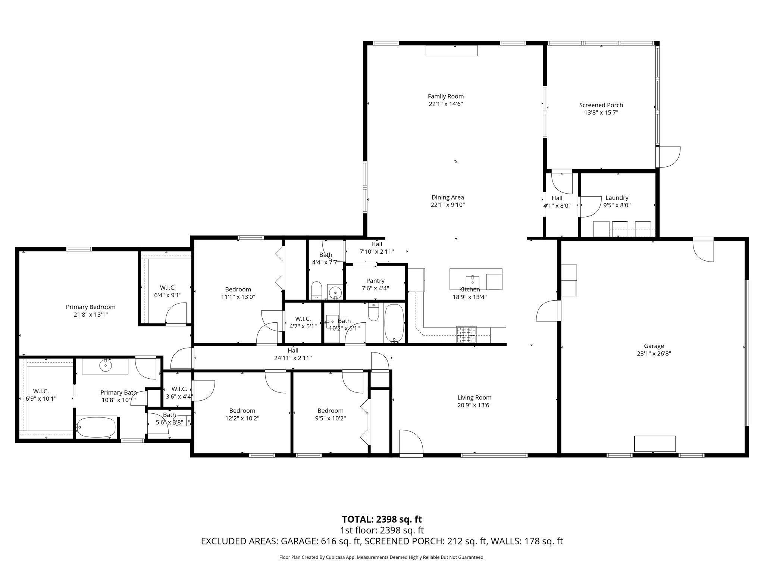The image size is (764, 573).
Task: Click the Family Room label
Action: pos(446,96)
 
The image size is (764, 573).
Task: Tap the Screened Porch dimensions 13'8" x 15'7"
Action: pos(601,113)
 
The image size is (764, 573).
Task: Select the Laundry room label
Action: pos(617,198)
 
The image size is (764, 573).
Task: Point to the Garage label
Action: pos(654,346)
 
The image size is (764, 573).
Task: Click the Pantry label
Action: pos(375,281)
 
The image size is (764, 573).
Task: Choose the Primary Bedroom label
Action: pos(91,307)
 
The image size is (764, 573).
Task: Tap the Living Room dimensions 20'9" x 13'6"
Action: pos(475,405)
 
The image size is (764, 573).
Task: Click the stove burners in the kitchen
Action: pos(466,335)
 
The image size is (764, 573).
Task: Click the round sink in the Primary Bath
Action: pos(106,366)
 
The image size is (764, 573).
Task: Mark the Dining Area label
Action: pos(448,197)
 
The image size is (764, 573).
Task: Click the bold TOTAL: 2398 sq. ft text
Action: pos(382,519)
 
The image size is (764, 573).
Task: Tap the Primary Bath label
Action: pos(119,392)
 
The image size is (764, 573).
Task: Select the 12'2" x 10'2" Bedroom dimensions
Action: pos(242,419)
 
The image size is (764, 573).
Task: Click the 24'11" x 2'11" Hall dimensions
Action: pos(293,358)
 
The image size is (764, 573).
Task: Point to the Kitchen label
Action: pos(469,289)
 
